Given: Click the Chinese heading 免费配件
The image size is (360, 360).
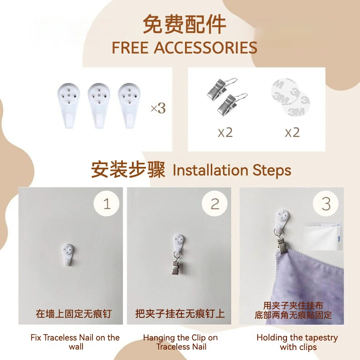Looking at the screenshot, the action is point(185,24).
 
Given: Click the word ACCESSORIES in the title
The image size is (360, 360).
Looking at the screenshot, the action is point(205,48).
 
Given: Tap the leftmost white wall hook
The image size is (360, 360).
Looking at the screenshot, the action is point(68,105).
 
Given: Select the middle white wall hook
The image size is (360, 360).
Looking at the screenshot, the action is point(99,105).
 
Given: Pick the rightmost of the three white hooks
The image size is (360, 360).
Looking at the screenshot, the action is point(129,105).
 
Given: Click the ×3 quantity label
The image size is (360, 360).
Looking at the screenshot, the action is point(158,108).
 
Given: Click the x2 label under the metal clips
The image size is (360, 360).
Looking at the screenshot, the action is point(225,132).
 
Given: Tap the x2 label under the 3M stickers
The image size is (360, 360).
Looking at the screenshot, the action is point(292,132).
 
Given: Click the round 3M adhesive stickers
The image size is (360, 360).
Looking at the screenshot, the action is point(291,97).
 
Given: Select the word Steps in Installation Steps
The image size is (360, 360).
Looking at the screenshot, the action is point(272,170).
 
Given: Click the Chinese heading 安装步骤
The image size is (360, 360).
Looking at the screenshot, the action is point(128,170).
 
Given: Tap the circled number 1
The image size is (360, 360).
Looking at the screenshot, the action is point(106,204).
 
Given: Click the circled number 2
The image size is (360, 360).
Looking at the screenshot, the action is point(214,204).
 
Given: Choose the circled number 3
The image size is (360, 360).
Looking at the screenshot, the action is point(326,204).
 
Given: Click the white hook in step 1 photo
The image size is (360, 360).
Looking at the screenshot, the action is point(68,254).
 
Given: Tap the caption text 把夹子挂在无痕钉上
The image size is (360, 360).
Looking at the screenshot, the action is point(180,314).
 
